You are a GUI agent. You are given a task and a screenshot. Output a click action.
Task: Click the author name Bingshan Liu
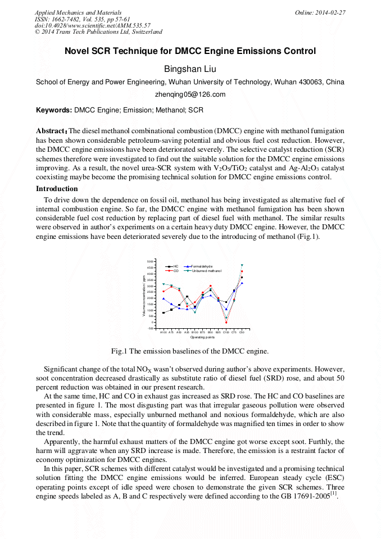pos(190,69)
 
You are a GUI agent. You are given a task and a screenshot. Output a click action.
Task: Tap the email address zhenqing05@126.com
pos(190,94)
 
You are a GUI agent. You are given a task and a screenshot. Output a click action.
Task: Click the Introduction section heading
pos(57,189)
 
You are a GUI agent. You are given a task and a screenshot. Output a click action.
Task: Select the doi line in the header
pos(92,25)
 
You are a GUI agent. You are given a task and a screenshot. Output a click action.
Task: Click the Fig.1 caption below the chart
pos(190,351)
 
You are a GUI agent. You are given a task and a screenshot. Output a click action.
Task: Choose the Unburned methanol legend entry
pos(206,271)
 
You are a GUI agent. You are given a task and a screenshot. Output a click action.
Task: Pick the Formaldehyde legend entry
pos(202,266)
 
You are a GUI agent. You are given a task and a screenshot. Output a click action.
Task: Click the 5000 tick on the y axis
pos(151,262)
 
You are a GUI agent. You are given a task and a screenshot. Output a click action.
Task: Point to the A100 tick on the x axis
pos(164,332)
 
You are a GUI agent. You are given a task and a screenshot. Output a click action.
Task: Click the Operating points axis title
pos(202,337)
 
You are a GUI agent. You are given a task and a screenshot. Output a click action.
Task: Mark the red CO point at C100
pos(226,323)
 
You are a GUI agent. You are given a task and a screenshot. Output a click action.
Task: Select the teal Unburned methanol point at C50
pos(242,265)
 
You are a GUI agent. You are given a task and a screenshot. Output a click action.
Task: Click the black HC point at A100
pos(164,313)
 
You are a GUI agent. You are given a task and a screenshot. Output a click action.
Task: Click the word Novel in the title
pos(78,51)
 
